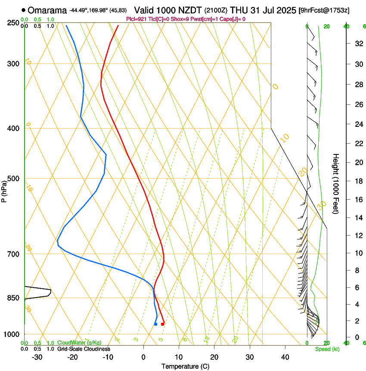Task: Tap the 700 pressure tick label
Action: pos(13,254)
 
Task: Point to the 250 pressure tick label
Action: pos(13,22)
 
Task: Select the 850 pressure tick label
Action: pos(13,298)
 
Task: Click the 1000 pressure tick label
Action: pos(12,334)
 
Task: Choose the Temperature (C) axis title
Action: pos(185,366)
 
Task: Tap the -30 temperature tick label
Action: pos(37,357)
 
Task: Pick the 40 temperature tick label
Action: pos(285,357)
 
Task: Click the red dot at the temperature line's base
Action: pos(162,324)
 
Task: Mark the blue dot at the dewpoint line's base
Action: pos(155,324)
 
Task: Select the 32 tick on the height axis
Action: pos(358,43)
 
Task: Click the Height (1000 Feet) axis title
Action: pos(336,183)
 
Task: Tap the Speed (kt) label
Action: pos(327,349)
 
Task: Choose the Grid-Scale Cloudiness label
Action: pos(84,349)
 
